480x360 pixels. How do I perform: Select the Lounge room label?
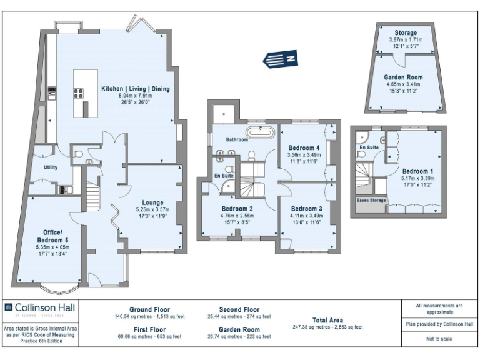click(152, 202)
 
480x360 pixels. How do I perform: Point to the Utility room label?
click(51, 167)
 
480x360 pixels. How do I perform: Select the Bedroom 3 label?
click(306, 209)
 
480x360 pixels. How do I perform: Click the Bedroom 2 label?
click(237, 209)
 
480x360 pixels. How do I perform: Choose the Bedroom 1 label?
click(417, 171)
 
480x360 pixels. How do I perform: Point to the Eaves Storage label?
click(371, 201)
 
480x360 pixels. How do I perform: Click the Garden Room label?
click(403, 77)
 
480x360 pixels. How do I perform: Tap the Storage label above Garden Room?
click(405, 33)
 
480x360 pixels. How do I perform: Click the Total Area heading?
click(327, 320)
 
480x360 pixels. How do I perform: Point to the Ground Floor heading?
click(149, 309)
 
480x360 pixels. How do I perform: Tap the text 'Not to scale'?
click(439, 339)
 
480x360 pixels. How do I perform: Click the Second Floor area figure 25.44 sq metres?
click(239, 317)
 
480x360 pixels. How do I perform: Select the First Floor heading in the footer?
click(149, 329)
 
